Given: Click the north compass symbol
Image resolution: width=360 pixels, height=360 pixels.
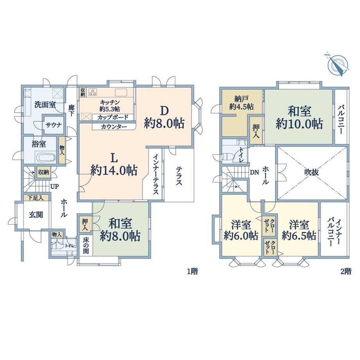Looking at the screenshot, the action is tap(337, 65).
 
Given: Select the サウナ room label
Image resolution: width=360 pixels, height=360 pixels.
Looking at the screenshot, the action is tap(54, 125).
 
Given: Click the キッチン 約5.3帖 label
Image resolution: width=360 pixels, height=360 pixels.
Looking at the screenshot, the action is tap(110, 105).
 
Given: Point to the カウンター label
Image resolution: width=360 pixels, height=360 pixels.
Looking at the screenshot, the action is tap(114, 127).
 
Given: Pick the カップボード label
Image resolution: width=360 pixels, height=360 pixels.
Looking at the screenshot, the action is tap(113, 117).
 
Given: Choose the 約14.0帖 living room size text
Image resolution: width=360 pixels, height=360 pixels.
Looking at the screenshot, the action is tap(114, 170).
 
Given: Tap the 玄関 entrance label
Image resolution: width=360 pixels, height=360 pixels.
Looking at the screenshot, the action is tap(36, 215).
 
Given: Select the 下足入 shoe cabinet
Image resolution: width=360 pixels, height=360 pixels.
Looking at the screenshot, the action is tap(36, 198).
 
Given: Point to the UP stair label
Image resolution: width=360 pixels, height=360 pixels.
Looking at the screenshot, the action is tap(55, 186).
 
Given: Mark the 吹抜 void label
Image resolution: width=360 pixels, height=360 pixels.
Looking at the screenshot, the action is tap(312, 173).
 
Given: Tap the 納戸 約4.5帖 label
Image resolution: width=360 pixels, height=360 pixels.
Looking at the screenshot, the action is tap(241, 103).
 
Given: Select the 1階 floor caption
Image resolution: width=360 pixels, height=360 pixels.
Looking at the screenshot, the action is tap(193, 272).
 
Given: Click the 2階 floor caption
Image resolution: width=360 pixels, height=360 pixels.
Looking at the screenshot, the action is tap(346, 272).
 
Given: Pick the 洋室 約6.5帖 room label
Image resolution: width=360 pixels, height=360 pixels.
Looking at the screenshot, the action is tap(299, 230).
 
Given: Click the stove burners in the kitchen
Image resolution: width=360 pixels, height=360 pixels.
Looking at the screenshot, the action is tap(93, 92).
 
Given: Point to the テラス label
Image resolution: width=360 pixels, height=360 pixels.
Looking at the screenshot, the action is tap(179, 176).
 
